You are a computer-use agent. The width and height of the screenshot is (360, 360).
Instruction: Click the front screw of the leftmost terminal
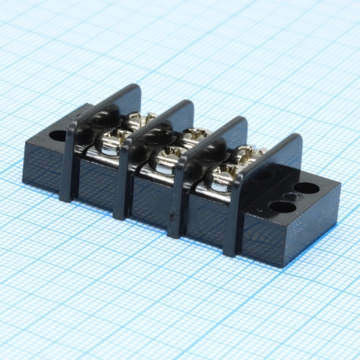[x=114, y=139]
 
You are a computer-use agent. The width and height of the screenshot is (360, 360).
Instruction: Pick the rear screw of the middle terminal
[x=193, y=138]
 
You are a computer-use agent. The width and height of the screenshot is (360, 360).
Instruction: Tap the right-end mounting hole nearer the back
[x=307, y=189]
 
